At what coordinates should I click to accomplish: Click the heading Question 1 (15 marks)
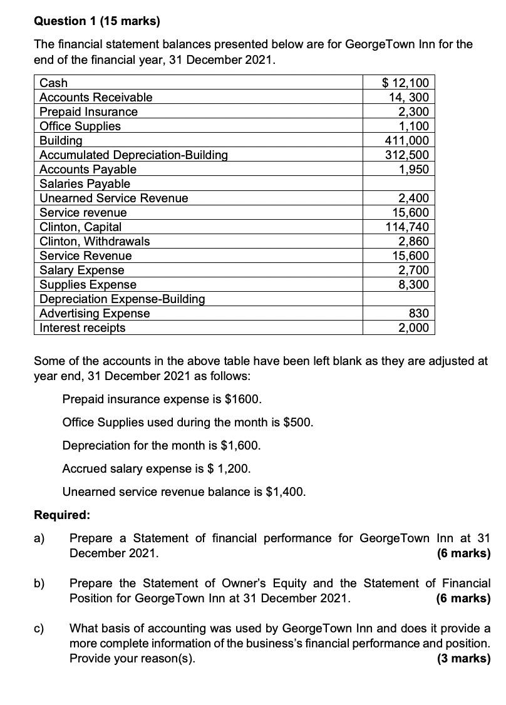pyautogui.click(x=96, y=21)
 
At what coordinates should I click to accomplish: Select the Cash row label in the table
pyautogui.click(x=54, y=83)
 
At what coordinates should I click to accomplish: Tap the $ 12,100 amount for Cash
pyautogui.click(x=405, y=83)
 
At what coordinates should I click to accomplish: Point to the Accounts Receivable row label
pyautogui.click(x=96, y=97)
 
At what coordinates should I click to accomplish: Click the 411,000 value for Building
pyautogui.click(x=406, y=140)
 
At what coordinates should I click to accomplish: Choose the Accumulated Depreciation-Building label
pyautogui.click(x=133, y=155)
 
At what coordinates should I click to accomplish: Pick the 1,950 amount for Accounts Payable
pyautogui.click(x=413, y=169)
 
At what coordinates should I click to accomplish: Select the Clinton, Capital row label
pyautogui.click(x=80, y=227)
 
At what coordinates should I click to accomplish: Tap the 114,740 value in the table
pyautogui.click(x=406, y=227)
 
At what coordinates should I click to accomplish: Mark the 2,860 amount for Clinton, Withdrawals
pyautogui.click(x=413, y=241)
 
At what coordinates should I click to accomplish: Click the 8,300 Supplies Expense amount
pyautogui.click(x=413, y=284)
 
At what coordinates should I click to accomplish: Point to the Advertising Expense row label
pyautogui.click(x=95, y=313)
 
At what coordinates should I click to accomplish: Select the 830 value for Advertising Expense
pyautogui.click(x=418, y=313)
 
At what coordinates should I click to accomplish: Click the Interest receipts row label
pyautogui.click(x=82, y=327)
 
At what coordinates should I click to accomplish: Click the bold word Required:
pyautogui.click(x=61, y=515)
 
